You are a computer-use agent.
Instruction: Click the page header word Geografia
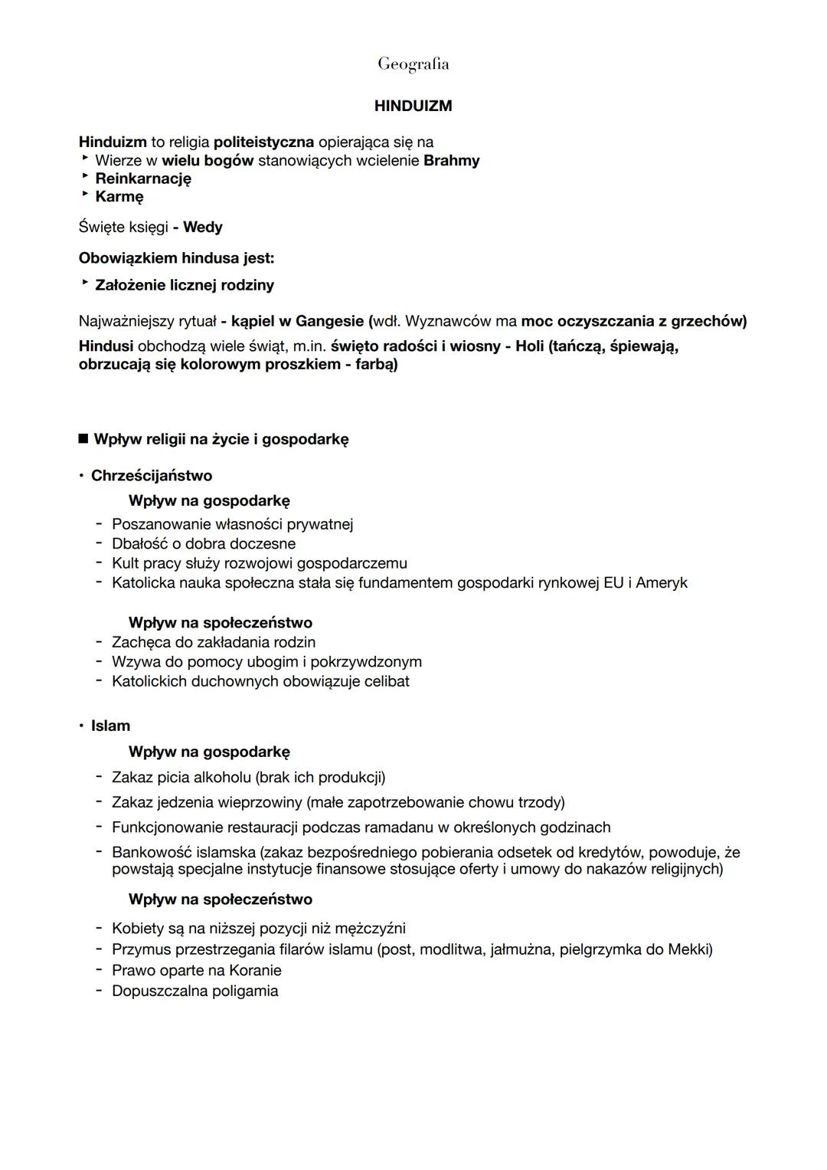pyautogui.click(x=413, y=64)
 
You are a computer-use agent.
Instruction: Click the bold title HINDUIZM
pyautogui.click(x=413, y=107)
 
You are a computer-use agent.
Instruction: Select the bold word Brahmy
pyautogui.click(x=451, y=161)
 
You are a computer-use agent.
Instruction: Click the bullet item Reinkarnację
pyautogui.click(x=143, y=179)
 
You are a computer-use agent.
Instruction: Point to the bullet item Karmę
pyautogui.click(x=119, y=197)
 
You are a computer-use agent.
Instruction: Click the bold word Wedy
pyautogui.click(x=203, y=228)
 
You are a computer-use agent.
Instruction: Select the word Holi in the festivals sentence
pyautogui.click(x=530, y=346)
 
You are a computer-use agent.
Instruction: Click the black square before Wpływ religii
pyautogui.click(x=83, y=440)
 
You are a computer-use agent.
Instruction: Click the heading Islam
pyautogui.click(x=111, y=726)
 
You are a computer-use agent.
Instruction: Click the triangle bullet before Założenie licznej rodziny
pyautogui.click(x=84, y=284)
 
